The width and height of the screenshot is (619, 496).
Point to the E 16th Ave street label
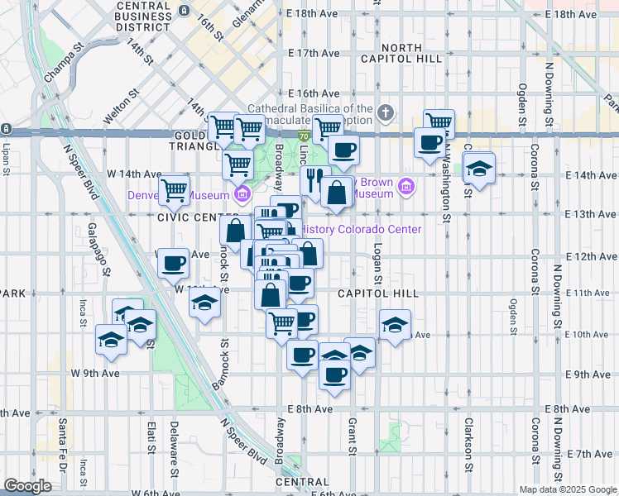point(314,93)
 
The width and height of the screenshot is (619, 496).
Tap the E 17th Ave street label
point(314,53)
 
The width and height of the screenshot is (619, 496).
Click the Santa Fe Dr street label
point(62,446)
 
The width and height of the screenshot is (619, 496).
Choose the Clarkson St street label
point(468,441)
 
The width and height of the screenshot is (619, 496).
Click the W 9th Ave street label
point(95,373)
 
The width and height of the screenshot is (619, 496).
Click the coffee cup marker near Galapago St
point(172,263)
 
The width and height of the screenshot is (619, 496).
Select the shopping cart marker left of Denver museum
point(174,189)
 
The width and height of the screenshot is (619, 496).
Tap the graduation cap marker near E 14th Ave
point(478,168)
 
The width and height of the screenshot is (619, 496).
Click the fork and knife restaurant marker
point(314,179)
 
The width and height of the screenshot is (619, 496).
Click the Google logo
point(28,485)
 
